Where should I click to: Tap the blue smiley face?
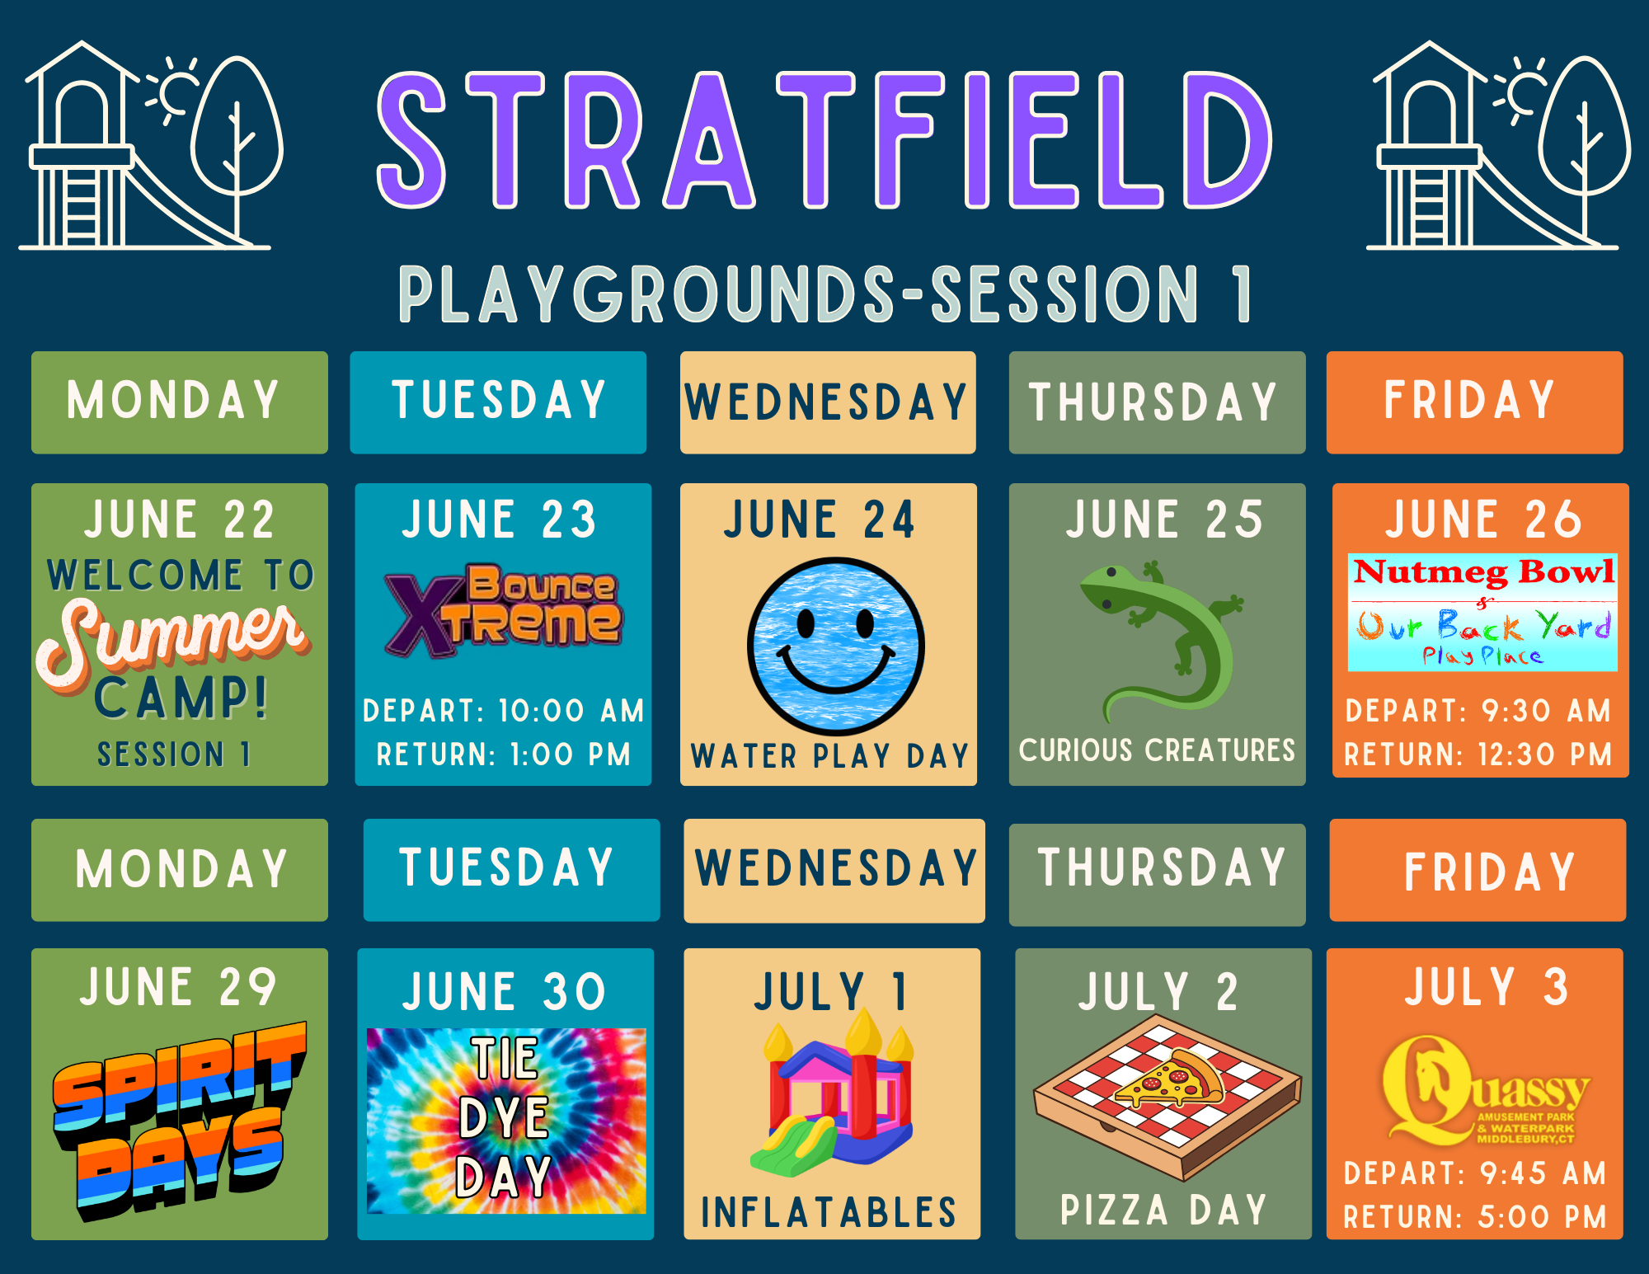click(835, 646)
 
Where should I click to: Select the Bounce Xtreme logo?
click(503, 610)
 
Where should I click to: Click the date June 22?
click(179, 519)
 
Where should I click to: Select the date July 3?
click(1486, 986)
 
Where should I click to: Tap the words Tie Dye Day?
click(505, 1118)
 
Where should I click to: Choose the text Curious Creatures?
click(1157, 750)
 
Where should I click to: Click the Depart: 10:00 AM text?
click(503, 711)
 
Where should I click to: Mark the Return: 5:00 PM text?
click(1475, 1217)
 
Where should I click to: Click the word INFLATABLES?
click(829, 1212)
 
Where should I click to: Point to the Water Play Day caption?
click(829, 756)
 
